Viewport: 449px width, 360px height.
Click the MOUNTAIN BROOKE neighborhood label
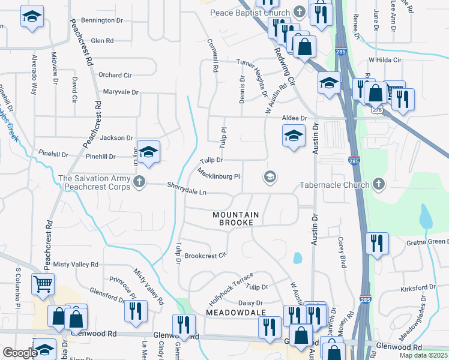(x=236, y=218)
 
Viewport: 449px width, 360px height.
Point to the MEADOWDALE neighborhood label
(x=235, y=313)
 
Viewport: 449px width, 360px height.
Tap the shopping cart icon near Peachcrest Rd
(x=43, y=284)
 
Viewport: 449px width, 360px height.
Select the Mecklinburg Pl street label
(x=218, y=175)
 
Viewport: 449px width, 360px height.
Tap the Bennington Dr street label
(x=101, y=20)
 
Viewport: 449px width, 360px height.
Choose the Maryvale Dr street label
(x=120, y=92)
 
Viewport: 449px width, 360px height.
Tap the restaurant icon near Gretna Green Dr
(x=376, y=243)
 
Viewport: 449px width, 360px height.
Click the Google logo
(x=20, y=353)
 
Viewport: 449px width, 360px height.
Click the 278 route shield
(x=376, y=110)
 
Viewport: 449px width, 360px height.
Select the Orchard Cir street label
(x=115, y=76)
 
